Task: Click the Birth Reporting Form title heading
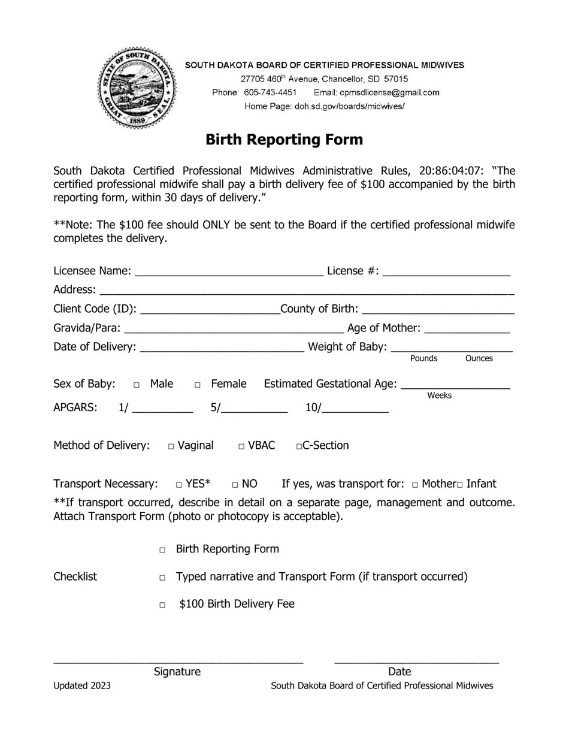284,140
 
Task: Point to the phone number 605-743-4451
270,92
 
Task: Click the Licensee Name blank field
229,272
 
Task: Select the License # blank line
446,272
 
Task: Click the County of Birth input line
438,310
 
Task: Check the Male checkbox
137,385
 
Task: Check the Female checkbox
198,385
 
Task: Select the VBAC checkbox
241,446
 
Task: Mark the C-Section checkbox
299,446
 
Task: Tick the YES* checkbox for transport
179,485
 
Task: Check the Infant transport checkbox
460,485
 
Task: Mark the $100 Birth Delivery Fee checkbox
162,605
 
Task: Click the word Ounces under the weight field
479,358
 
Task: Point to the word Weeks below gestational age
439,395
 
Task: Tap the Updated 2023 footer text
82,686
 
